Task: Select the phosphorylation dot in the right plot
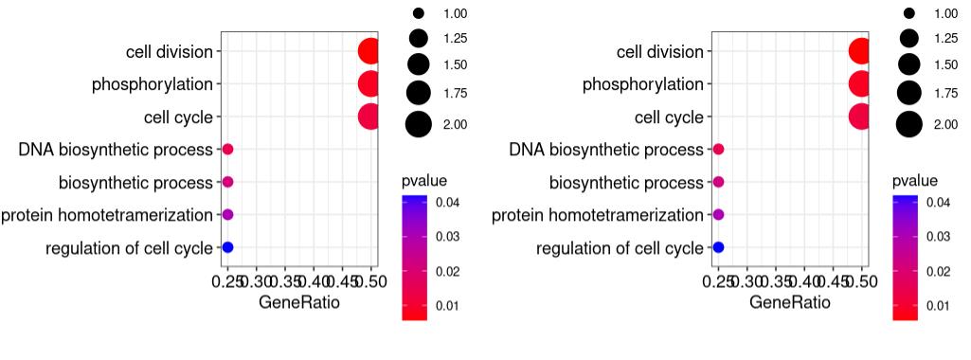(860, 84)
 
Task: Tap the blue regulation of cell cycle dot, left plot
(227, 247)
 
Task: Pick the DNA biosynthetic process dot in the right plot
(718, 150)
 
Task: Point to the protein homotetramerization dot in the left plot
(227, 215)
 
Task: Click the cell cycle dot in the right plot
(860, 117)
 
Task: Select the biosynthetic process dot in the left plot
(227, 182)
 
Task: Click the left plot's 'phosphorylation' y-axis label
(152, 84)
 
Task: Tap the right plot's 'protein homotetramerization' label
(598, 215)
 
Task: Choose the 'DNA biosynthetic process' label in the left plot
(116, 150)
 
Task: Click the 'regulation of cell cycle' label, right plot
(620, 248)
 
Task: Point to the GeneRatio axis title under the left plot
(298, 303)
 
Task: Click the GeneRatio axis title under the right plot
(789, 303)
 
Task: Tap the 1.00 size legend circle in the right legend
(908, 13)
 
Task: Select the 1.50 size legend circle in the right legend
(908, 64)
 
